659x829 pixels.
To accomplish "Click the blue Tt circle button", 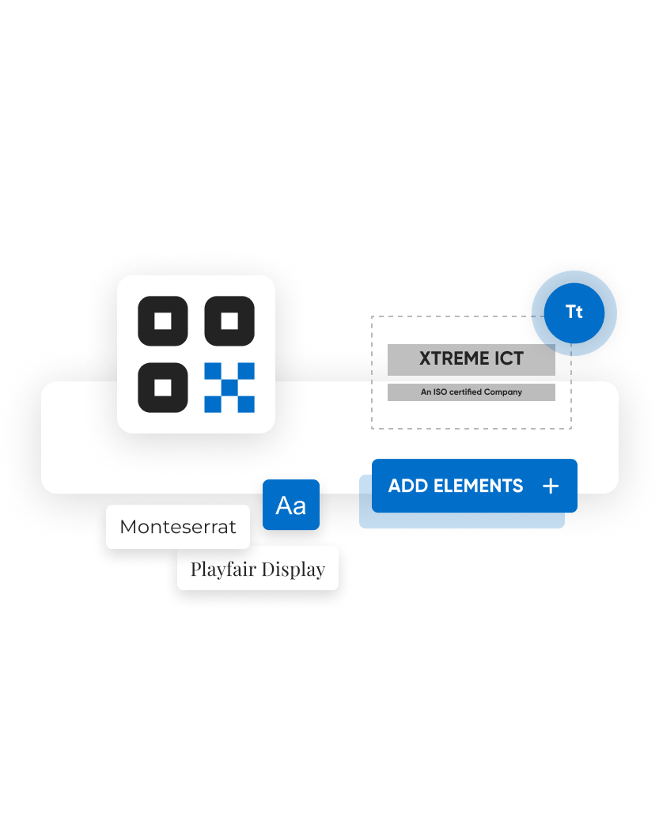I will pos(574,312).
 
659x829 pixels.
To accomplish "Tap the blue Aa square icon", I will pos(291,505).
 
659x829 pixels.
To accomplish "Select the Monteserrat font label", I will pos(178,527).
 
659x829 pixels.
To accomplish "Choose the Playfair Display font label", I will pos(258,569).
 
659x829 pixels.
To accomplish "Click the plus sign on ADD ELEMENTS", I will pos(551,486).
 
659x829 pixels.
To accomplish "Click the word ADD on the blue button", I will pos(408,486).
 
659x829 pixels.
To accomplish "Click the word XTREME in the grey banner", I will pos(454,358).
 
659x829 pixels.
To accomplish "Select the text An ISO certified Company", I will pos(472,392).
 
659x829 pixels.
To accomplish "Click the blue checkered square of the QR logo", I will pos(229,388).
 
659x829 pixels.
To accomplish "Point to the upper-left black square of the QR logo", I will pos(163,321).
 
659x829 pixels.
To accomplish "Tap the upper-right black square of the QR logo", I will pos(229,321).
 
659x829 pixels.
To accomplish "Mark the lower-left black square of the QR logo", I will pos(163,388).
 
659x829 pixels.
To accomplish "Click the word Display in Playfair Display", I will pos(294,569).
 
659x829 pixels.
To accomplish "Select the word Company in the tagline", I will pos(505,392).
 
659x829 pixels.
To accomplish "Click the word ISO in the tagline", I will pos(439,392).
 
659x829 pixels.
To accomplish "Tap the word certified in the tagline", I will pos(467,392).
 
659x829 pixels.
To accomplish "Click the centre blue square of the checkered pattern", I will pos(229,388).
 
